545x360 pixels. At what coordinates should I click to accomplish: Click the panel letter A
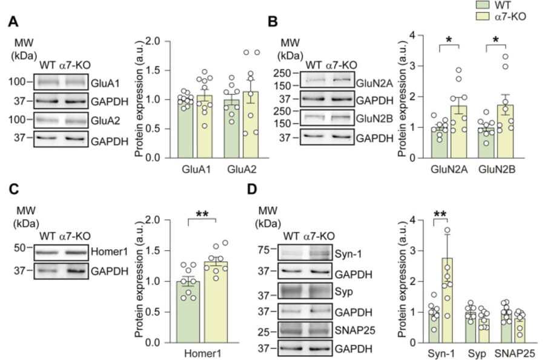(x=12, y=22)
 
